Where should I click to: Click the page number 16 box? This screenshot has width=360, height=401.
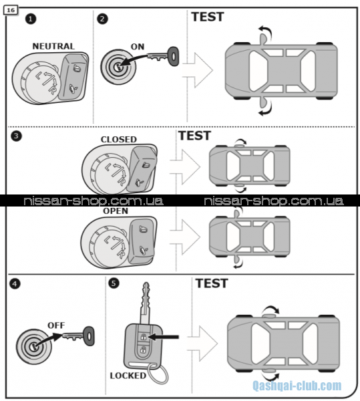pyautogui.click(x=11, y=10)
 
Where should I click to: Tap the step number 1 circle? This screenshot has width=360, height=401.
pyautogui.click(x=31, y=19)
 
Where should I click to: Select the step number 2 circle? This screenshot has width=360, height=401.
pyautogui.click(x=102, y=19)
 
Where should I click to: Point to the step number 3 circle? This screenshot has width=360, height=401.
pyautogui.click(x=16, y=136)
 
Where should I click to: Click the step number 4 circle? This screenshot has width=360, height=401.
pyautogui.click(x=15, y=284)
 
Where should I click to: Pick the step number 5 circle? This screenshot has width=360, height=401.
pyautogui.click(x=114, y=283)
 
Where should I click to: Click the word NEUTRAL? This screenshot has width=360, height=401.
pyautogui.click(x=53, y=46)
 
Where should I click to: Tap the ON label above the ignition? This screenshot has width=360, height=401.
pyautogui.click(x=138, y=47)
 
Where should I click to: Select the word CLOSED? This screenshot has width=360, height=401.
pyautogui.click(x=119, y=140)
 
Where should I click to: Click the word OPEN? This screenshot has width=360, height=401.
pyautogui.click(x=116, y=211)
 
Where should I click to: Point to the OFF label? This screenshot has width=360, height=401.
pyautogui.click(x=56, y=325)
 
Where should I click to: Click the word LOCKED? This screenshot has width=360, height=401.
pyautogui.click(x=128, y=376)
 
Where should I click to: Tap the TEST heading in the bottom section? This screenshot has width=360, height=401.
pyautogui.click(x=212, y=283)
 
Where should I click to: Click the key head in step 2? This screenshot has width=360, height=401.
pyautogui.click(x=174, y=56)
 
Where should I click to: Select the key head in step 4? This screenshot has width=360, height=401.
pyautogui.click(x=89, y=336)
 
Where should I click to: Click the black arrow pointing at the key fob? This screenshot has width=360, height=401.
pyautogui.click(x=164, y=337)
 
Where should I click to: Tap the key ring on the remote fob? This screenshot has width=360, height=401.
pyautogui.click(x=158, y=375)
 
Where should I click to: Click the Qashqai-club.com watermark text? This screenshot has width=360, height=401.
pyautogui.click(x=297, y=386)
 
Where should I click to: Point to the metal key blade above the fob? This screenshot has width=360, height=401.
pyautogui.click(x=146, y=303)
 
